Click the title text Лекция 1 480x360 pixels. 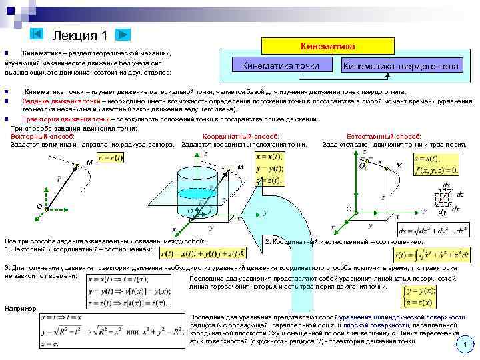click(x=80, y=35)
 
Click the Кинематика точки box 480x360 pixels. click(x=280, y=65)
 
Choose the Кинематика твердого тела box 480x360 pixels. click(x=400, y=66)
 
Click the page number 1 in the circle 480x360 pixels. click(x=465, y=345)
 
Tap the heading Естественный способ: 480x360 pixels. click(x=393, y=135)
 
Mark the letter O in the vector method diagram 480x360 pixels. click(x=39, y=206)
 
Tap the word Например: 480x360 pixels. click(x=20, y=308)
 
